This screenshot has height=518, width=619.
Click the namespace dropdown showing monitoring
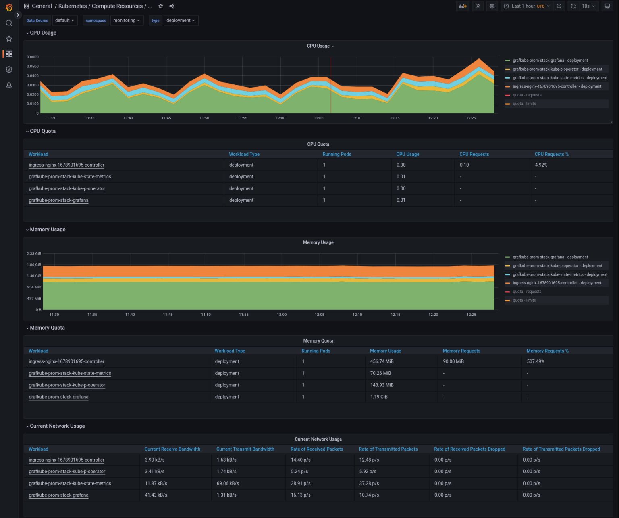coord(126,21)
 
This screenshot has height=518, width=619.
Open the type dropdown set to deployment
coord(180,21)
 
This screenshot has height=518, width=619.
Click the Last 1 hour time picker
coord(526,6)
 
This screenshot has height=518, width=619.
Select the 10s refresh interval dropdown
coord(588,6)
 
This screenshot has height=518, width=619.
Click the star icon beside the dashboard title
coord(161,6)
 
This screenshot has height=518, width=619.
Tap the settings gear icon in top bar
coord(492,6)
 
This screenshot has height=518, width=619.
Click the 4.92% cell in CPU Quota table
coord(541,165)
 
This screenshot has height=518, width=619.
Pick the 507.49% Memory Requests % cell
coord(535,361)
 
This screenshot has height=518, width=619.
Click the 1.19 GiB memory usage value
coord(379,397)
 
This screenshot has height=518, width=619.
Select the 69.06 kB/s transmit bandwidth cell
coord(228,483)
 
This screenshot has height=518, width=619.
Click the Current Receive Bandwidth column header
coord(172,449)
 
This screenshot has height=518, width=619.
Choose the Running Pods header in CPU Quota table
coord(337,154)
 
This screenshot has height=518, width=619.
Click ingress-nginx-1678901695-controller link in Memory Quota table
coord(66,361)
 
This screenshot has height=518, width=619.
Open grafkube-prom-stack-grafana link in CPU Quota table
coord(58,200)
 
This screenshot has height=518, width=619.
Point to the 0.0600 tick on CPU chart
coord(33,57)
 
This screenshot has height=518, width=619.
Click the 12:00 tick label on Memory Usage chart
coord(282,315)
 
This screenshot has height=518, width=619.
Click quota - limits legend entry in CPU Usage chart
coord(524,104)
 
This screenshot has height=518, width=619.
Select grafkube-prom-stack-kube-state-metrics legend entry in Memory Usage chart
coord(559,274)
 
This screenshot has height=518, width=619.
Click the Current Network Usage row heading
coord(57,426)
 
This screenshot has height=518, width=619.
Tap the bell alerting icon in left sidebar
coord(9,85)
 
